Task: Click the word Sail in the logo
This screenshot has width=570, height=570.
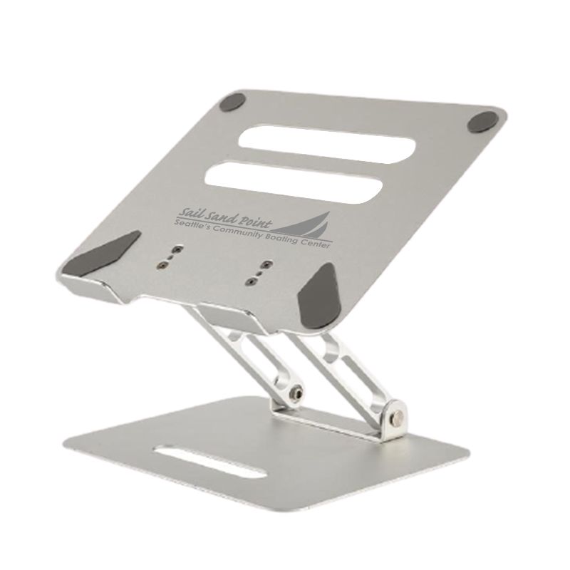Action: pyautogui.click(x=188, y=212)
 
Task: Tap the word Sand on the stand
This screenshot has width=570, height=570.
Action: pyautogui.click(x=218, y=215)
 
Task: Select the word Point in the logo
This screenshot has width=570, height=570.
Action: pyautogui.click(x=252, y=219)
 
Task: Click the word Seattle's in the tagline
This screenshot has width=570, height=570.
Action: pyautogui.click(x=194, y=224)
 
